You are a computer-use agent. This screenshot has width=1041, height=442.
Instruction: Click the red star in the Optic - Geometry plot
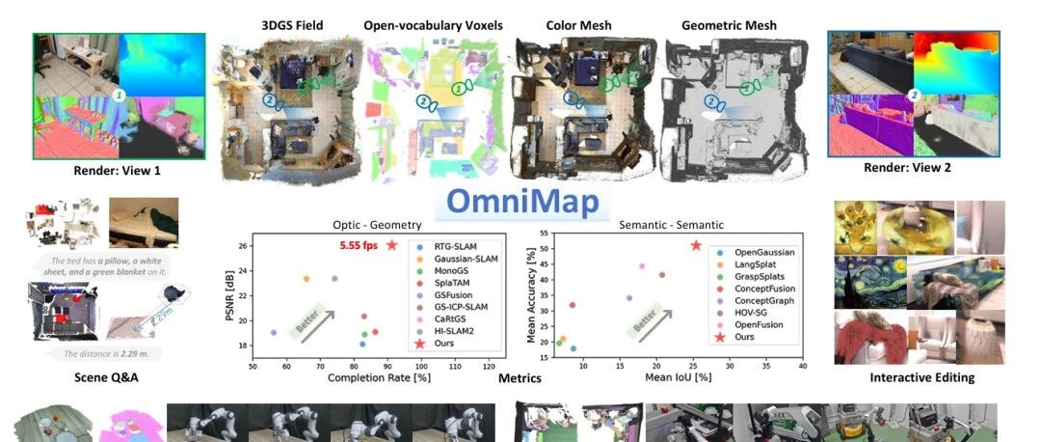pyautogui.click(x=391, y=245)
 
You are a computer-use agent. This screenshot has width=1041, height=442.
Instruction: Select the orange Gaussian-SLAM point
pyautogui.click(x=307, y=279)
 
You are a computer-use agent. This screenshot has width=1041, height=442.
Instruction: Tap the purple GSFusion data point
pyautogui.click(x=274, y=333)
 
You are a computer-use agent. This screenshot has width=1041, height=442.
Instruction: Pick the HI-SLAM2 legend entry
pyautogui.click(x=456, y=329)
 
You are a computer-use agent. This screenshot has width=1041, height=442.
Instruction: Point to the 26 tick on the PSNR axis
pyautogui.click(x=241, y=245)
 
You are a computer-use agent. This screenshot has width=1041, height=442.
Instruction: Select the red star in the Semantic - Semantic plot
pyautogui.click(x=696, y=245)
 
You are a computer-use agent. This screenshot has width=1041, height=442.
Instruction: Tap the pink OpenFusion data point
pyautogui.click(x=641, y=266)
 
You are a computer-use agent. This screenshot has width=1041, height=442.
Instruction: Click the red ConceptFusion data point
pyautogui.click(x=573, y=305)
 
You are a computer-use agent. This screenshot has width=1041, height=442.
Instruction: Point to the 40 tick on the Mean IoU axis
pyautogui.click(x=803, y=367)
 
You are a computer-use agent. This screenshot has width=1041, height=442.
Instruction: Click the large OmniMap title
pyautogui.click(x=522, y=203)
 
